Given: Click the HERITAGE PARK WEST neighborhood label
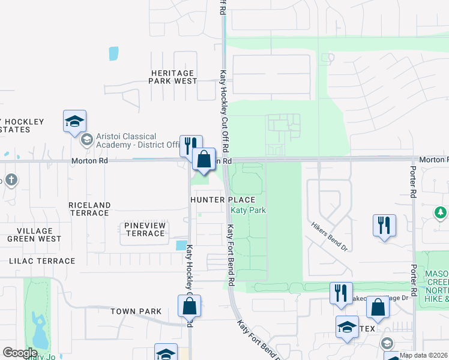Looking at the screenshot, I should click(172, 77).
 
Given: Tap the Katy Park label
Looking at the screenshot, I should click(249, 210).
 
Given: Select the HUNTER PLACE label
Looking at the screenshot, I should click(223, 200).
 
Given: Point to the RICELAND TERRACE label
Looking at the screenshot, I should click(89, 209).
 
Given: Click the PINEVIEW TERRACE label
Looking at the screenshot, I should click(145, 229).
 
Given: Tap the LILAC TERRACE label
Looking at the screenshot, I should click(42, 261).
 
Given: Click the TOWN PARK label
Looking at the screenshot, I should click(136, 311).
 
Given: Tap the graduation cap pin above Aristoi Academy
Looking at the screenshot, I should click(75, 121).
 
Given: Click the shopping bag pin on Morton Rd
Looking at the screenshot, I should click(204, 160).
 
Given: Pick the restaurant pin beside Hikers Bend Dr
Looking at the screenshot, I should click(384, 226).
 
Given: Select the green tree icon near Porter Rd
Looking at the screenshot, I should click(441, 212).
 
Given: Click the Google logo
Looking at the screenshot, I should click(20, 352).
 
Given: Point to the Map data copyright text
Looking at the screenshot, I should click(424, 355).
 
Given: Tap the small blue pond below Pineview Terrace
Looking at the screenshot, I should click(181, 245).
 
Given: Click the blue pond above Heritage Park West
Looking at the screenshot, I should click(113, 53).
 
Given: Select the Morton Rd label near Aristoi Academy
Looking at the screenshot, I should click(89, 161).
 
